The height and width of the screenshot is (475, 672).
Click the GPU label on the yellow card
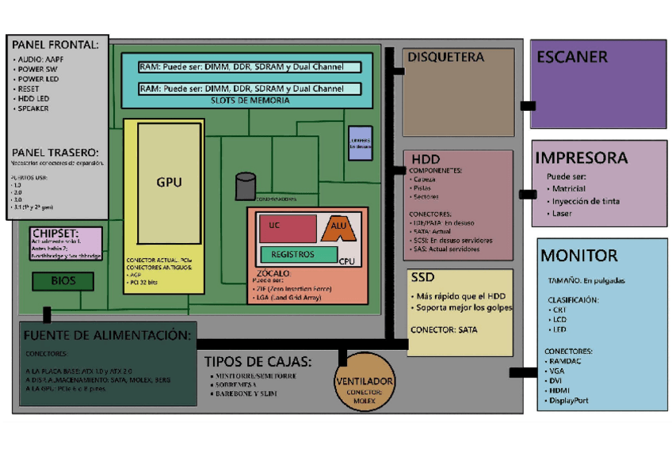pyautogui.click(x=169, y=182)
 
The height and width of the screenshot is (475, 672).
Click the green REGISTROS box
pyautogui.click(x=292, y=254)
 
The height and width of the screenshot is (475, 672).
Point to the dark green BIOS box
pyautogui.click(x=63, y=280)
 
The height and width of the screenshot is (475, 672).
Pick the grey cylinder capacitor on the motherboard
pyautogui.click(x=245, y=186)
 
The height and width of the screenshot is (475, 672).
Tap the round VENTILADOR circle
pyautogui.click(x=365, y=382)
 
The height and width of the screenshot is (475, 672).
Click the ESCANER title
pyautogui.click(x=571, y=57)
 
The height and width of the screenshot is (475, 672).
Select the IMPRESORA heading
pyautogui.click(x=581, y=158)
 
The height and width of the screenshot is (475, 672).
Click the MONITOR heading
pyautogui.click(x=578, y=255)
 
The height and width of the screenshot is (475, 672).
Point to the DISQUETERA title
pyautogui.click(x=444, y=57)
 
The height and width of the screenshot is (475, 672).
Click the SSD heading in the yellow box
pyautogui.click(x=423, y=278)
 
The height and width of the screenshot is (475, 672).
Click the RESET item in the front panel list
pyautogui.click(x=28, y=89)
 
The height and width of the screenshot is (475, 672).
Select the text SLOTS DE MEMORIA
pyautogui.click(x=246, y=101)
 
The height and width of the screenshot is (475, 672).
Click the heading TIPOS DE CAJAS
pyautogui.click(x=258, y=362)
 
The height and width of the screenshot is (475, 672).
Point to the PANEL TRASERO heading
pyautogui.click(x=55, y=152)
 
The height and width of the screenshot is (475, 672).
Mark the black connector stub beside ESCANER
pyautogui.click(x=527, y=105)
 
